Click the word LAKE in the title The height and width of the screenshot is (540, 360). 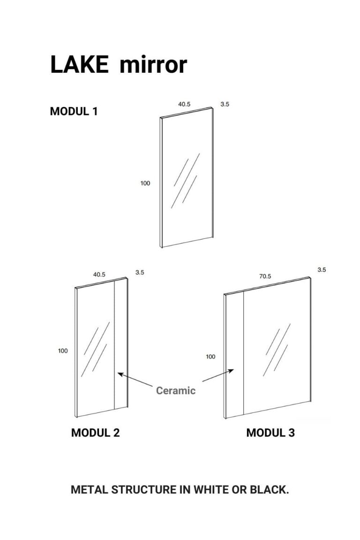click(79, 64)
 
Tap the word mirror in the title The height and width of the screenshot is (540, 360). click(153, 64)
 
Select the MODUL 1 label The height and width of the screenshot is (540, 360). click(74, 112)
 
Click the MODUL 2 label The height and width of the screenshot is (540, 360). click(95, 433)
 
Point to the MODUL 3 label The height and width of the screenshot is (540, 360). click(270, 433)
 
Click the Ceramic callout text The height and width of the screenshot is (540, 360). click(176, 390)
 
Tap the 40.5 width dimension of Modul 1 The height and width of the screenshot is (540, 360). click(184, 104)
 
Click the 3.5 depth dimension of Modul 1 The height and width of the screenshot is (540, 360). click(225, 104)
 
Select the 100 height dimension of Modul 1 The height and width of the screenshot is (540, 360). click(145, 183)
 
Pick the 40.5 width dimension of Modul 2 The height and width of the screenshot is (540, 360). click(99, 275)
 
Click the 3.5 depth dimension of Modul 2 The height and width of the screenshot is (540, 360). click(140, 272)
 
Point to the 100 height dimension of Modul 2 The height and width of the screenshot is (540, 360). click(63, 351)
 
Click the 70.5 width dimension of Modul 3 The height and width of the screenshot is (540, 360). click(265, 276)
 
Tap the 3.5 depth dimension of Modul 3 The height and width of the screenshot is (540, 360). click(322, 270)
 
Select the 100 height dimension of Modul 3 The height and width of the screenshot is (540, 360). click(210, 357)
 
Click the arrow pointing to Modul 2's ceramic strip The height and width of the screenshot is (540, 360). click(135, 379)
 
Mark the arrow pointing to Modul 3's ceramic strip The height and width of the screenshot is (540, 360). click(218, 375)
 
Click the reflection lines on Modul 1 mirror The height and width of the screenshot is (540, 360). click(185, 181)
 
